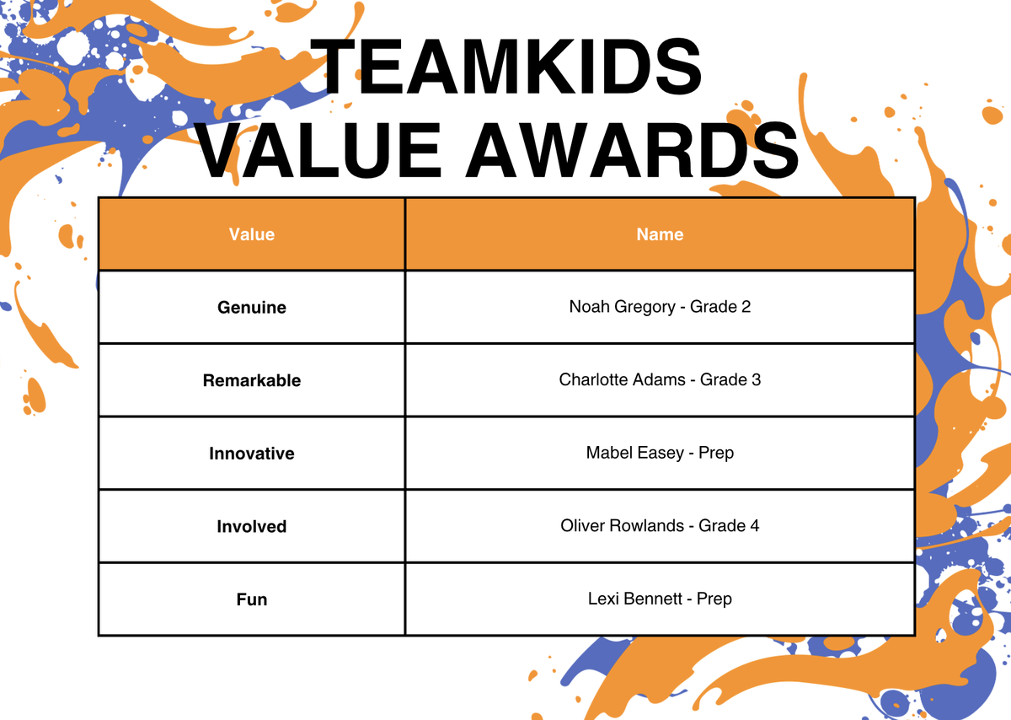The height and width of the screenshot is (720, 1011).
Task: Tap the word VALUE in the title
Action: tap(319, 150)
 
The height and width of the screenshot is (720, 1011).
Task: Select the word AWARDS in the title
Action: tap(633, 150)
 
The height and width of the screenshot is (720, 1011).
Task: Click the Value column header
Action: tap(252, 234)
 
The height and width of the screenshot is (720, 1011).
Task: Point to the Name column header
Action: tap(660, 234)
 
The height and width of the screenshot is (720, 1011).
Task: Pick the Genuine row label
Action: tap(252, 308)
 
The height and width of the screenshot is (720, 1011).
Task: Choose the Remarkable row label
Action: tap(252, 380)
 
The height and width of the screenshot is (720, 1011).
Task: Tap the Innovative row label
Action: tap(252, 454)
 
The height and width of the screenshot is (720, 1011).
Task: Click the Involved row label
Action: tap(252, 527)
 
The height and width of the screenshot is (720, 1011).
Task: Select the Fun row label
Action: tap(252, 599)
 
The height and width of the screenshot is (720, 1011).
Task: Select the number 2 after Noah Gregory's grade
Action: tap(746, 307)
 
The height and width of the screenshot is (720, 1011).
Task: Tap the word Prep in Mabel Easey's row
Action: tap(716, 454)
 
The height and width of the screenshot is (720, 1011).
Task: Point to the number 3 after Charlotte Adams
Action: tap(756, 380)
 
